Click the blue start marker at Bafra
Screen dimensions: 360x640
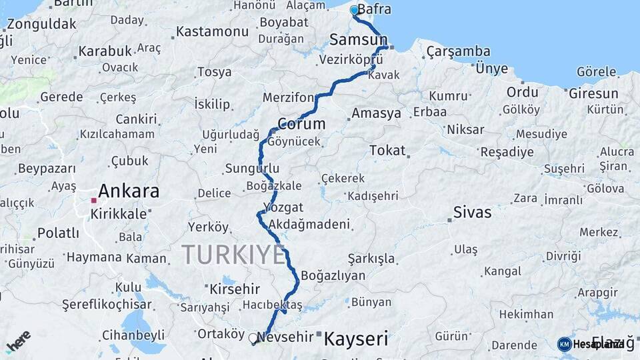pyautogui.click(x=354, y=10)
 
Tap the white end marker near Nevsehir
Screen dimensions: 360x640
pyautogui.click(x=253, y=338)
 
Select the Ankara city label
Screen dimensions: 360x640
pyautogui.click(x=129, y=191)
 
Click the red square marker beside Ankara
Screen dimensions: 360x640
pyautogui.click(x=94, y=199)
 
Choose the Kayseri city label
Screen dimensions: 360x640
pyautogui.click(x=355, y=339)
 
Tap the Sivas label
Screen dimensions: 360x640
pyautogui.click(x=472, y=213)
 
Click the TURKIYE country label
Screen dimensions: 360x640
pyautogui.click(x=233, y=254)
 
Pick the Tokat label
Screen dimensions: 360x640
pyautogui.click(x=387, y=151)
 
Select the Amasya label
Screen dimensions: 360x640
pyautogui.click(x=376, y=113)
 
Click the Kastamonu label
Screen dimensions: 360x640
pyautogui.click(x=213, y=31)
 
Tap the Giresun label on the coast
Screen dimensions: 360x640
pyautogui.click(x=593, y=93)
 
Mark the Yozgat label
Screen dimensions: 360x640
pyautogui.click(x=283, y=207)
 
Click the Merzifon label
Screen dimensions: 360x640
pyautogui.click(x=288, y=97)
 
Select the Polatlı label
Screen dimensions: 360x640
pyautogui.click(x=57, y=233)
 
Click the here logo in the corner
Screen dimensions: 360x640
pyautogui.click(x=18, y=341)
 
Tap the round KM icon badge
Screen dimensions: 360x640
pyautogui.click(x=564, y=344)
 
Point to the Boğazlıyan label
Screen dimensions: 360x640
pyautogui.click(x=333, y=275)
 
